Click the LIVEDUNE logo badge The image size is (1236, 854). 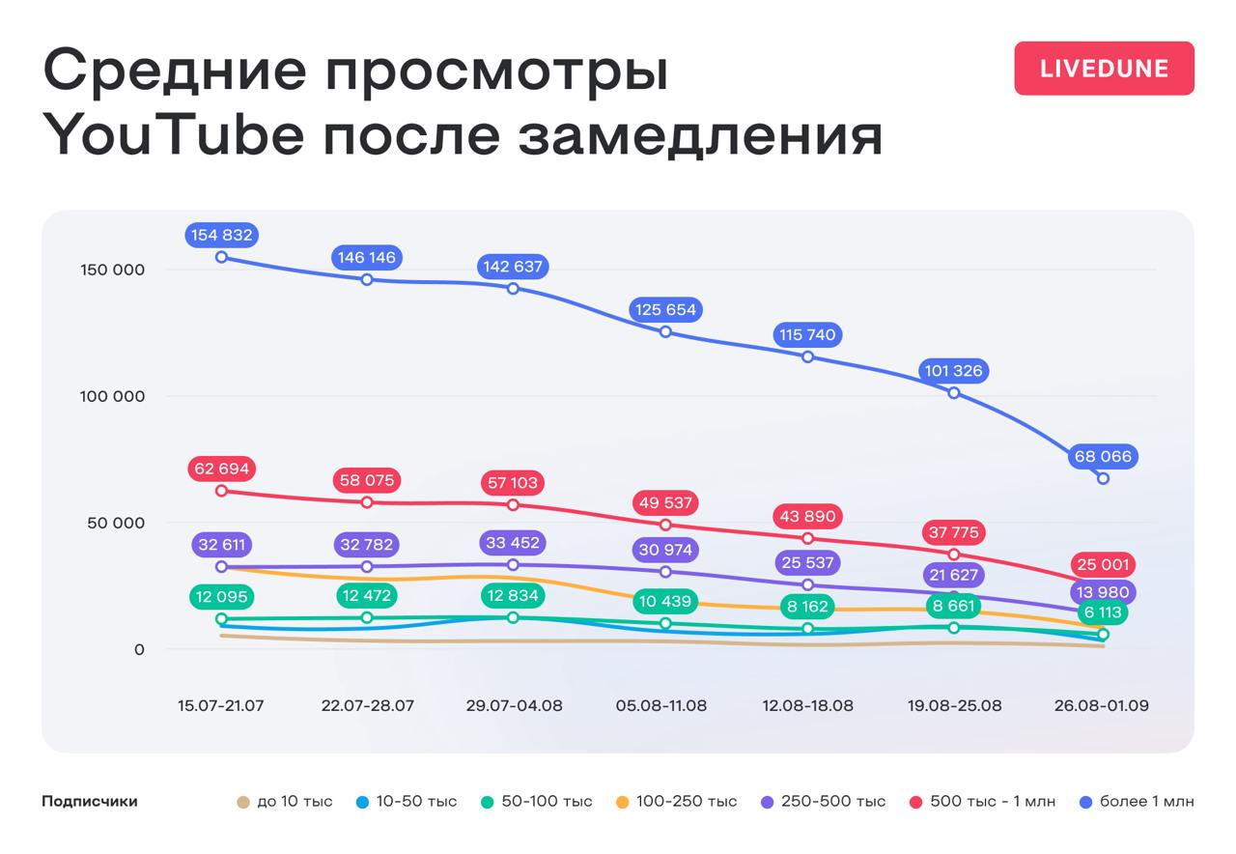pyautogui.click(x=1104, y=69)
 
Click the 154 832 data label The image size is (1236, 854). pyautogui.click(x=221, y=235)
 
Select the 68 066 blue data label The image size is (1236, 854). pyautogui.click(x=1103, y=456)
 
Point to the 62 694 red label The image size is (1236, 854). pyautogui.click(x=221, y=469)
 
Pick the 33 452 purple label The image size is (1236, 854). pyautogui.click(x=513, y=543)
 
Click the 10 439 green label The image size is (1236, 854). pyautogui.click(x=665, y=602)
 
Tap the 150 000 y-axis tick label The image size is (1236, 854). pyautogui.click(x=112, y=270)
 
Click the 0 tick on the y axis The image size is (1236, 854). pyautogui.click(x=139, y=649)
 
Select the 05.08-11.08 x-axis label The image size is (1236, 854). pyautogui.click(x=661, y=705)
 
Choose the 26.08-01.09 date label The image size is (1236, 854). pyautogui.click(x=1101, y=705)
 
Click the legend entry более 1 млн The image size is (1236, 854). pyautogui.click(x=1137, y=801)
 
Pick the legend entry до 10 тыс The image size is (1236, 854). pyautogui.click(x=285, y=801)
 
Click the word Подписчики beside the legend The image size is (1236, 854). pyautogui.click(x=90, y=801)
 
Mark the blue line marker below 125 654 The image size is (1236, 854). pyautogui.click(x=665, y=332)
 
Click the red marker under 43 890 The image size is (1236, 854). pyautogui.click(x=808, y=538)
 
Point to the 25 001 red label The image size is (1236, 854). pyautogui.click(x=1103, y=564)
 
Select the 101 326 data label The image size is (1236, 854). pyautogui.click(x=953, y=371)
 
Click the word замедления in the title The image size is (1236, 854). pyautogui.click(x=700, y=135)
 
